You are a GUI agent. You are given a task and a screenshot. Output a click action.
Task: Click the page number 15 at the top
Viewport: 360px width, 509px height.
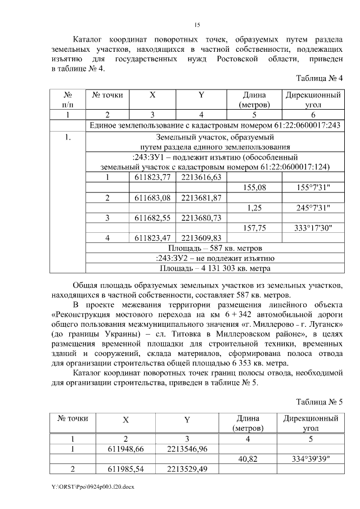tap(197, 24)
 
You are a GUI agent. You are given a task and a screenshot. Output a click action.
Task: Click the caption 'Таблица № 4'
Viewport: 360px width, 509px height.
tap(319, 78)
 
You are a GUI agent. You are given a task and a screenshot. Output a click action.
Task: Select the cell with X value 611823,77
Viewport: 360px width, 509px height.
tap(153, 177)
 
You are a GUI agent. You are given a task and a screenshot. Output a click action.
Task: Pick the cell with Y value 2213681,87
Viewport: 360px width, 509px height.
tap(201, 197)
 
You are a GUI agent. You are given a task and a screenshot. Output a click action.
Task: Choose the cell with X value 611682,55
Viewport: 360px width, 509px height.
tap(153, 218)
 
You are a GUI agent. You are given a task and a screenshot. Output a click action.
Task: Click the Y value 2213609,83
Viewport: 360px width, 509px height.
tap(201, 238)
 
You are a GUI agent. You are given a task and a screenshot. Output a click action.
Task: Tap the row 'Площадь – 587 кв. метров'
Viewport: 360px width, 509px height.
tap(214, 248)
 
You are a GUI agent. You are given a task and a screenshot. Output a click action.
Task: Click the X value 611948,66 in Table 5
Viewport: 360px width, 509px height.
tap(125, 449)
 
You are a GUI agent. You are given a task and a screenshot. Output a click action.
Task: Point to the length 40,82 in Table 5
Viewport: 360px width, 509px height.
tap(248, 459)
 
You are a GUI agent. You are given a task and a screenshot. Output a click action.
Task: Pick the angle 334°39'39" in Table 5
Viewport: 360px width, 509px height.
tap(311, 459)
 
